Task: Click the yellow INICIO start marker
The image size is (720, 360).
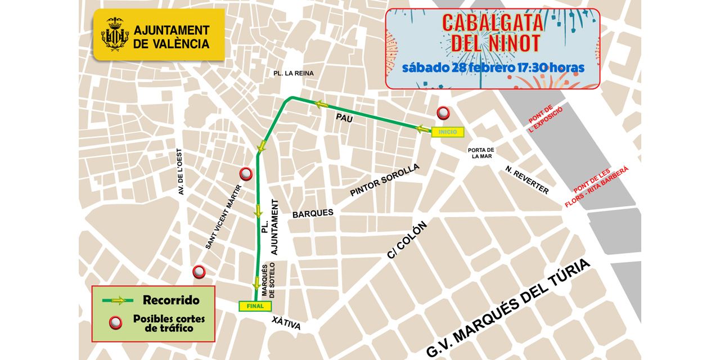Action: tap(447, 132)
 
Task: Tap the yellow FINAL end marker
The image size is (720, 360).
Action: tap(255, 306)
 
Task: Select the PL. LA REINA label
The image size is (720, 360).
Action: tap(294, 73)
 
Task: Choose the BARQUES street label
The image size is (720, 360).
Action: tap(313, 213)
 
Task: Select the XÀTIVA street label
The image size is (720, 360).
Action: tap(286, 323)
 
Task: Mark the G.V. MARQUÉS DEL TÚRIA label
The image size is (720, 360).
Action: tap(509, 308)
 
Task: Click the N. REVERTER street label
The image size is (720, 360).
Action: tap(526, 180)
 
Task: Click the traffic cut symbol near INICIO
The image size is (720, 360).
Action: tap(444, 113)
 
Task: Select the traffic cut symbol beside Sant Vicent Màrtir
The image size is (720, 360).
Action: tap(245, 173)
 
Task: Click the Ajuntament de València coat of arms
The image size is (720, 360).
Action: tap(115, 34)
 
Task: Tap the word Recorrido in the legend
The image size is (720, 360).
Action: tap(171, 300)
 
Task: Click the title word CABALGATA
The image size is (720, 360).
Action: tap(493, 22)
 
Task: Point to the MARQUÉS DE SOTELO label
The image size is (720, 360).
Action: tap(268, 281)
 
